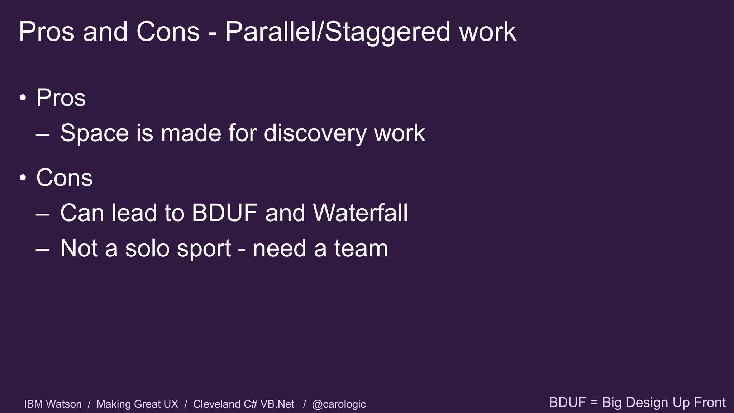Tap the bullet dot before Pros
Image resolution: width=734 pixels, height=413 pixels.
tap(23, 98)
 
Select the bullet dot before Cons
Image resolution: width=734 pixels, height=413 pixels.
tap(23, 178)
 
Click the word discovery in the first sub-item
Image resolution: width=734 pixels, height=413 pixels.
tap(315, 133)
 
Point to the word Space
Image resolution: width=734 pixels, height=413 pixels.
tap(94, 133)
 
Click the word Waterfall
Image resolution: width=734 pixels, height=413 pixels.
tap(360, 213)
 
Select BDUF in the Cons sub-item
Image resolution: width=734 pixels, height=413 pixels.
tap(224, 213)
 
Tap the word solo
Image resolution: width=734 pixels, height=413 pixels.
tap(147, 248)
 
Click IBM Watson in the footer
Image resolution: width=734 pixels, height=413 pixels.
tap(53, 404)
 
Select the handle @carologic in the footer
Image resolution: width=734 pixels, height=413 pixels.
tap(339, 404)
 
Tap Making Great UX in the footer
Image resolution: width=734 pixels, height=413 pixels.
tap(137, 404)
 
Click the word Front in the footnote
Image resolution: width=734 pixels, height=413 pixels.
tap(710, 402)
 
